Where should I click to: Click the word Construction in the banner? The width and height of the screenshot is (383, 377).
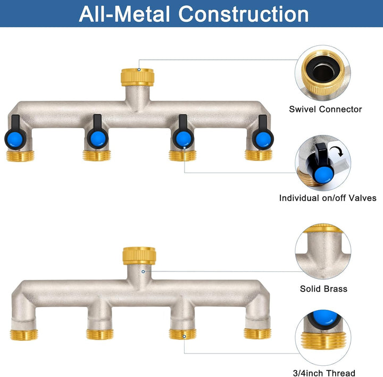244,14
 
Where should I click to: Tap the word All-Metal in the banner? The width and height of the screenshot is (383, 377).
124,14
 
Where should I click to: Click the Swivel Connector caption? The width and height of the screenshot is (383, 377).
326,109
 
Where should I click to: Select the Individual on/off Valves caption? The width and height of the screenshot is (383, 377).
328,198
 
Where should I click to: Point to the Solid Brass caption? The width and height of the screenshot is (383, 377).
323,289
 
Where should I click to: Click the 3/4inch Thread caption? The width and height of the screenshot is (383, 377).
324,373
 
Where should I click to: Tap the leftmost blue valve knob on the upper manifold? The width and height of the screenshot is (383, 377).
15,139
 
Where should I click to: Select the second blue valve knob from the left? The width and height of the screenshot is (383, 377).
98,139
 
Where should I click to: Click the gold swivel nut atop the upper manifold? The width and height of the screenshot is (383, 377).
138,77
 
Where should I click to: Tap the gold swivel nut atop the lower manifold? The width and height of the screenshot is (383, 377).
139,256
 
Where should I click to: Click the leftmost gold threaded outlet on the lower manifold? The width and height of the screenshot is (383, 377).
24,335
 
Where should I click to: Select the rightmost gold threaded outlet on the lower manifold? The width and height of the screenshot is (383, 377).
257,333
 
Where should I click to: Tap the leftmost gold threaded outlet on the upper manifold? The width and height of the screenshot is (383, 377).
20,156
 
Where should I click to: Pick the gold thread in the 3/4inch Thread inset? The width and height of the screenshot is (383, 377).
323,340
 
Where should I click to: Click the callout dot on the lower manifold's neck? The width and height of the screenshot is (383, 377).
143,271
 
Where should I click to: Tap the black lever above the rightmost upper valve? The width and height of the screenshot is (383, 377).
263,123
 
